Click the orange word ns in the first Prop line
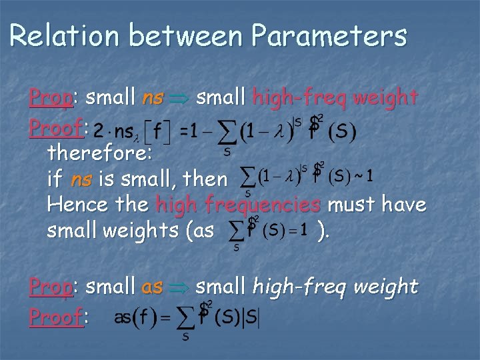coord(153,99)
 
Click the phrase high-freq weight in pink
coord(335,99)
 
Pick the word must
coord(345,205)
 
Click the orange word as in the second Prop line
coord(153,287)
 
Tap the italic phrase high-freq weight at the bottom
coord(335,287)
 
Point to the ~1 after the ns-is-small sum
coord(363,177)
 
